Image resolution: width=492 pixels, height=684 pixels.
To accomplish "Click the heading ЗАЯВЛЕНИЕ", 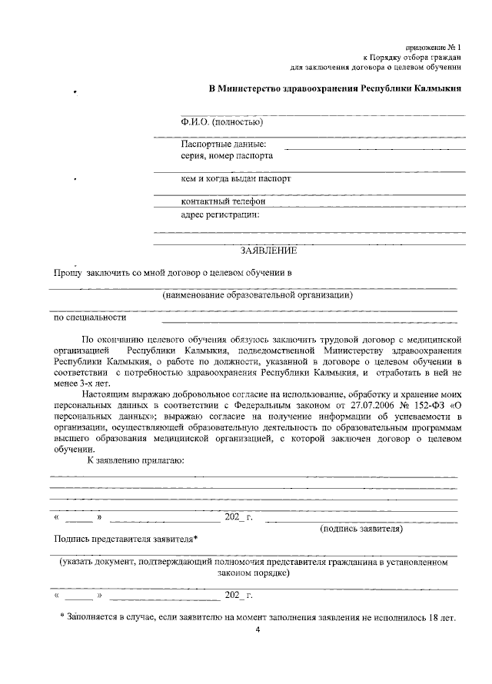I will [268, 250].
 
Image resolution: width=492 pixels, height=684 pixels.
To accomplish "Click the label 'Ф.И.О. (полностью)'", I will [223, 121].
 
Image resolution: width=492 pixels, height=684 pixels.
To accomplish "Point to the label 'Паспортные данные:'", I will [224, 143].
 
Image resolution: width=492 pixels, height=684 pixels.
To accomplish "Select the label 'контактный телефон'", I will [223, 201].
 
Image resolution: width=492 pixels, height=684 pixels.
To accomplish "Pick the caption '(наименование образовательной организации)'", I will [258, 295].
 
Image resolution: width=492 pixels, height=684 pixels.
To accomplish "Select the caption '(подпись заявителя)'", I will [361, 529].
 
